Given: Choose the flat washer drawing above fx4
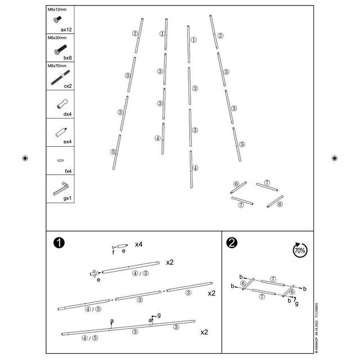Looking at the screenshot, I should coord(60,160).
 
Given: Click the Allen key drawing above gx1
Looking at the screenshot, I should coord(60,188).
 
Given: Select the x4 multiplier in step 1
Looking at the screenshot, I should coord(138,245).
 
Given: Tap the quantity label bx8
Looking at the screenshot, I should coord(66,57).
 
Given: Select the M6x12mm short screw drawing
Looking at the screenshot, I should coord(56,20).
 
